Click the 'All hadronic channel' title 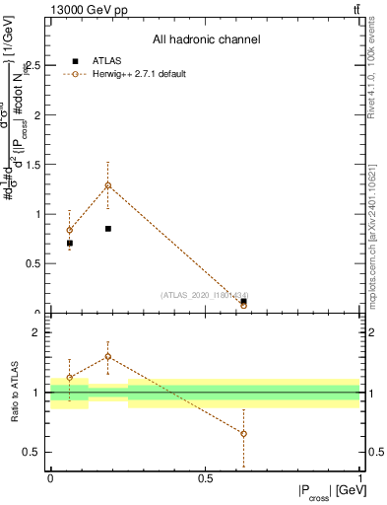click(206, 39)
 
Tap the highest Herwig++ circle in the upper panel click(108, 185)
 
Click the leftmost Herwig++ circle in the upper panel click(69, 230)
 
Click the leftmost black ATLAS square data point click(69, 243)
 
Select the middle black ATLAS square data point click(108, 228)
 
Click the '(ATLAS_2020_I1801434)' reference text click(205, 295)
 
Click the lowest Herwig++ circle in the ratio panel click(243, 434)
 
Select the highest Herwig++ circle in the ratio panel click(108, 356)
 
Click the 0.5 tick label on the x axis click(205, 478)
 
